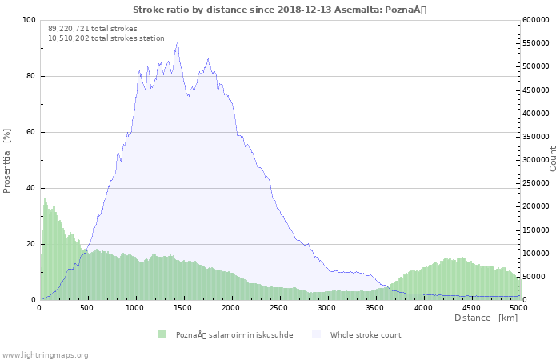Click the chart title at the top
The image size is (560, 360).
(280, 9)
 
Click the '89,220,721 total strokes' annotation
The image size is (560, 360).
(93, 29)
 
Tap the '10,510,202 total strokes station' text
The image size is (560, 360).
(106, 38)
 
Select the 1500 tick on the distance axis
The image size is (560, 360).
(183, 307)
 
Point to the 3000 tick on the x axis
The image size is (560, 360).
(327, 307)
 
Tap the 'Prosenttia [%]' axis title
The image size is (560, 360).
(8, 160)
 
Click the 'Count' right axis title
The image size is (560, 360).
(553, 158)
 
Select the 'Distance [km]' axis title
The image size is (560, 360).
(486, 318)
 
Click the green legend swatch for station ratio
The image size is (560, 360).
(162, 334)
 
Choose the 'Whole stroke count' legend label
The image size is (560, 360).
(366, 334)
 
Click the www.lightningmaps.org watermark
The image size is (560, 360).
(45, 354)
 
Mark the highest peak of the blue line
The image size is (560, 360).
(178, 42)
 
